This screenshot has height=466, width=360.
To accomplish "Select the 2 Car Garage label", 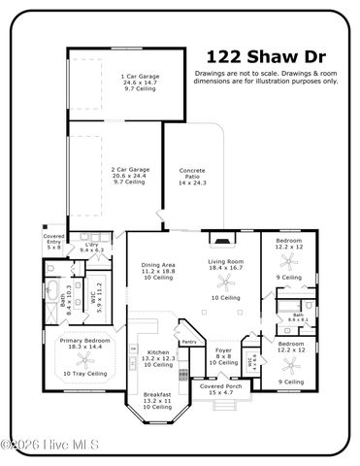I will point(128,175).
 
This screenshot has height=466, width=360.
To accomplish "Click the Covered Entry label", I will point(54,243).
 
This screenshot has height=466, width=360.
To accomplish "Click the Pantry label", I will point(190,342).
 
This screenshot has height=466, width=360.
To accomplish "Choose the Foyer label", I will point(223,356).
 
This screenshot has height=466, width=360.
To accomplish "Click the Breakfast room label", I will point(156,401).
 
